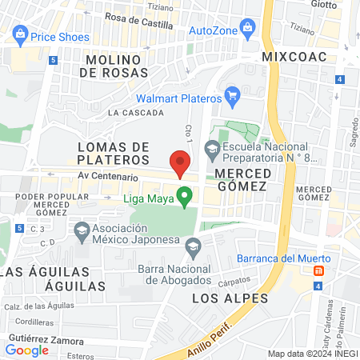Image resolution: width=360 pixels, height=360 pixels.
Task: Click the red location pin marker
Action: tap(181, 163)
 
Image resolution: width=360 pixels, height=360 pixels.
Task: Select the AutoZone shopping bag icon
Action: tap(248, 31)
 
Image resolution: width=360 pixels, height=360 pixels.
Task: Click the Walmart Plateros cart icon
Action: tap(233, 98)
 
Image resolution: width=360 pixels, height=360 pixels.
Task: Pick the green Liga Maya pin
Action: tap(185, 195)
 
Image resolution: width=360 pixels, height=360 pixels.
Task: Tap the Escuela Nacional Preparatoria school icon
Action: tap(211, 147)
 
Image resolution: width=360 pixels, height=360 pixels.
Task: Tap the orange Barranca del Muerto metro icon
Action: tap(320, 271)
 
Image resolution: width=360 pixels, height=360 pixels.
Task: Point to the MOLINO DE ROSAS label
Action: tap(114, 65)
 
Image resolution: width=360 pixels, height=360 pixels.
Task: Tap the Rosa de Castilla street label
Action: tap(139, 25)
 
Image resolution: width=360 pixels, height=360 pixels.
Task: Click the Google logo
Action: tap(26, 350)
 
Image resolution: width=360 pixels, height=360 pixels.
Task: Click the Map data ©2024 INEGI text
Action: tap(312, 354)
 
